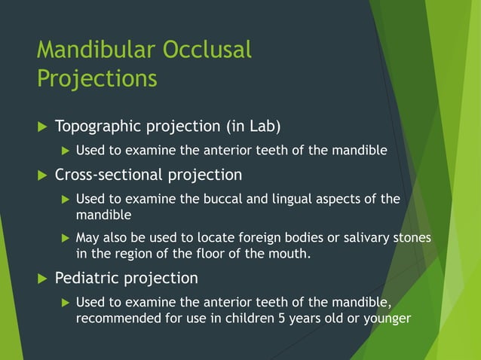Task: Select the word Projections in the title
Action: click(x=97, y=78)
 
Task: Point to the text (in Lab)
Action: click(x=250, y=125)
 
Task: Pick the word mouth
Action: click(x=290, y=254)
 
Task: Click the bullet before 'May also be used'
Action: click(x=65, y=238)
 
